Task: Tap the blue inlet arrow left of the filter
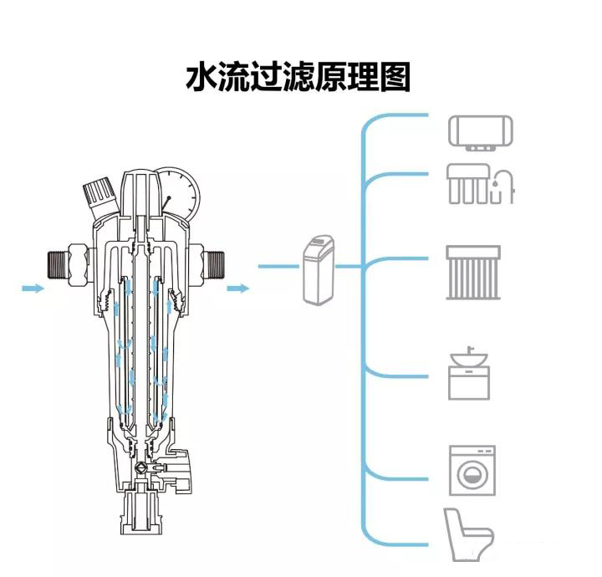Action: pos(33,288)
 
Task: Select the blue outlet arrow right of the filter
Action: pos(238,288)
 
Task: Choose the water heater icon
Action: pos(481,133)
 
